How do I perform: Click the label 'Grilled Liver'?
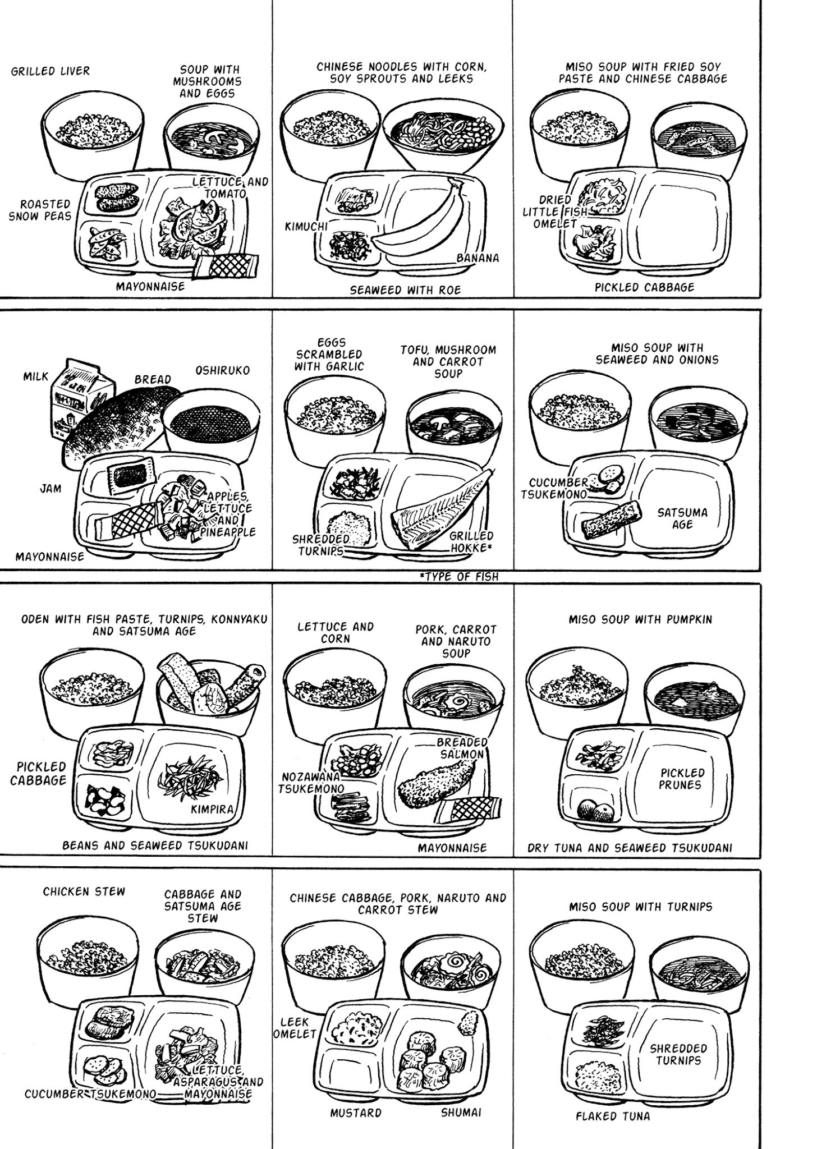51,71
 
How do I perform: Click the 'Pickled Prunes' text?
682,778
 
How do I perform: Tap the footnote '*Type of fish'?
458,576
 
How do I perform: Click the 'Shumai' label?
461,1113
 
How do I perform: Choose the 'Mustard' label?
356,1113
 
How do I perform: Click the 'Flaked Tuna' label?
613,1116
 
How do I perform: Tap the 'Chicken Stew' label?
84,891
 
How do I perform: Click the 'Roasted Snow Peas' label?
40,210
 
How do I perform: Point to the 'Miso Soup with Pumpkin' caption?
640,619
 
